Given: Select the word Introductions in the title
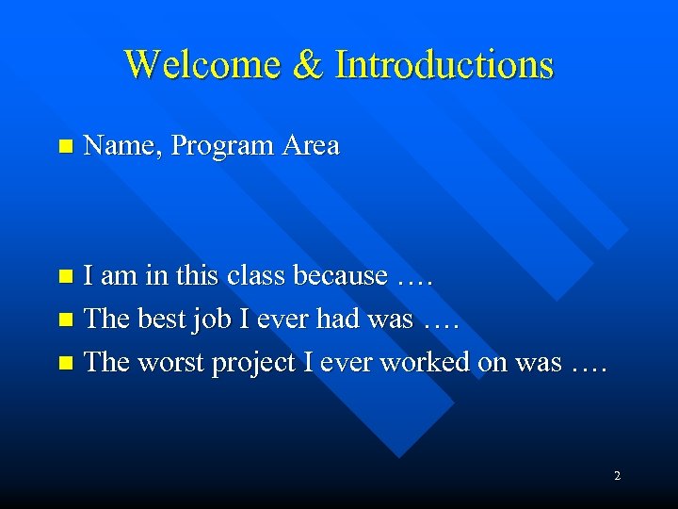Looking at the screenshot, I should click(x=444, y=65).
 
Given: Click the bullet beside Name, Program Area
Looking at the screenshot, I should click(x=64, y=147).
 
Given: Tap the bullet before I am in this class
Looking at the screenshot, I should click(x=64, y=277).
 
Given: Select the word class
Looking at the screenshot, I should click(x=259, y=276).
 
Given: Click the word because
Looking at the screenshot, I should click(x=340, y=276).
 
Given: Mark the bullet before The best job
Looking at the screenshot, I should click(x=64, y=320).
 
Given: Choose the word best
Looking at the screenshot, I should click(x=163, y=320).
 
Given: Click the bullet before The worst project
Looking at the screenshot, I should click(x=64, y=364).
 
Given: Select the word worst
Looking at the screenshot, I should click(x=171, y=363).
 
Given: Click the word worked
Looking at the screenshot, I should click(x=424, y=363).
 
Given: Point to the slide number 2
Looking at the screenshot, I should click(x=617, y=476).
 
